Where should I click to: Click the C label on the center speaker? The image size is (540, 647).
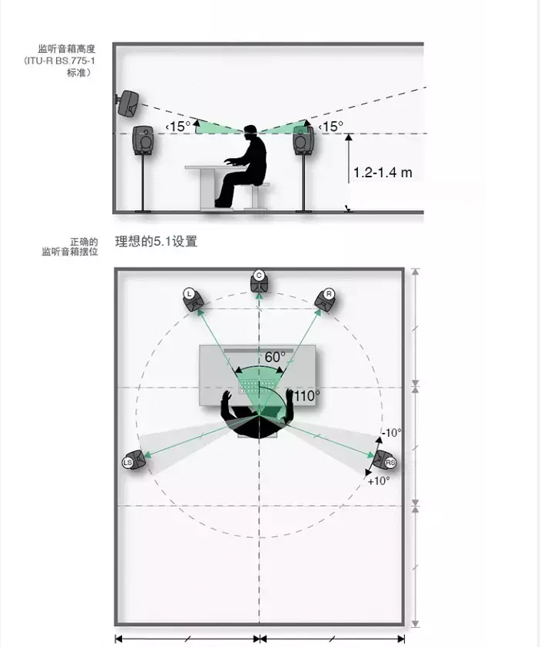point(259,276)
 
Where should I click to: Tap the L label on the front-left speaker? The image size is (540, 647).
point(189,294)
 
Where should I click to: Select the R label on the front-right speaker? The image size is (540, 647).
point(329,294)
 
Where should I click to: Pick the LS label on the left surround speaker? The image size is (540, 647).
point(128,463)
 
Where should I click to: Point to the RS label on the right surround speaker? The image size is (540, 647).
point(390,463)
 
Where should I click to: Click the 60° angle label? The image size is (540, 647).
point(275,357)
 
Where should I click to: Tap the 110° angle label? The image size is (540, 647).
point(306,396)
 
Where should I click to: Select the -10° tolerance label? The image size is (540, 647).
point(392,432)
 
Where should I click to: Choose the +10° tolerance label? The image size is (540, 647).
point(379,480)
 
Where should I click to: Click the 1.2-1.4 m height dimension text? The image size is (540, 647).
point(383,173)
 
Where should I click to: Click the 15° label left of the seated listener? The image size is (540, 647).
point(178,127)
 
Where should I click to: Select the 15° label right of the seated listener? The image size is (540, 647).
point(331,127)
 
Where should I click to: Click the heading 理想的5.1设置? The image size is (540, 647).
point(156,242)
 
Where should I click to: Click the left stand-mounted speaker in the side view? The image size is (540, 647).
point(143,140)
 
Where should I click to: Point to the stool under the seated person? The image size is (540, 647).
point(255,196)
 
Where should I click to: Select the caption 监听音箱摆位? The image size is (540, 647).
point(70,252)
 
